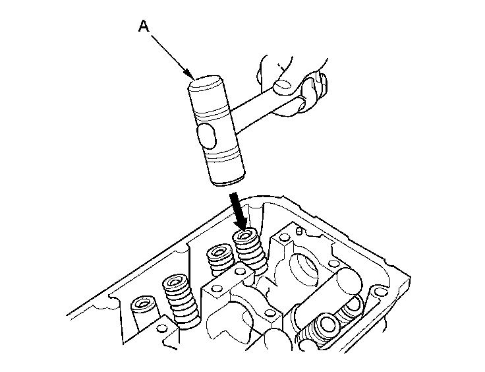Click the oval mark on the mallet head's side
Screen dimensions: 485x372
pyautogui.click(x=207, y=139)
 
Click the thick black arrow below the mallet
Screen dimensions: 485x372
pyautogui.click(x=237, y=208)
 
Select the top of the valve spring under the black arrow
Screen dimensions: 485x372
pyautogui.click(x=246, y=235)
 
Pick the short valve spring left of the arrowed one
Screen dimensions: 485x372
pyautogui.click(x=219, y=259)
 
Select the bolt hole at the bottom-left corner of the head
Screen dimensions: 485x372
pyautogui.click(x=162, y=328)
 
